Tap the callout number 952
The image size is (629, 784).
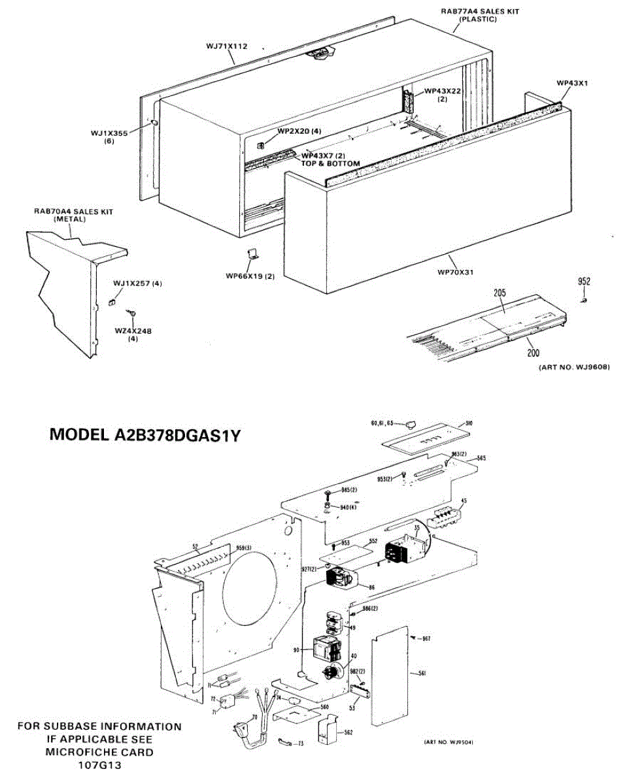point(584,282)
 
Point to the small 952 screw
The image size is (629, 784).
point(584,300)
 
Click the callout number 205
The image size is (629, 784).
point(500,293)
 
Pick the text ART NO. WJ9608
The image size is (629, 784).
point(574,368)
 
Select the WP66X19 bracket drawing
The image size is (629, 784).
point(251,255)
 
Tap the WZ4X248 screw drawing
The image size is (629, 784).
point(133,314)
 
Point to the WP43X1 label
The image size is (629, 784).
point(573,83)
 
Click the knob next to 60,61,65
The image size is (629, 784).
point(410,425)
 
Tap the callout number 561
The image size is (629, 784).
point(422,674)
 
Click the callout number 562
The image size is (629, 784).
point(348,732)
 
